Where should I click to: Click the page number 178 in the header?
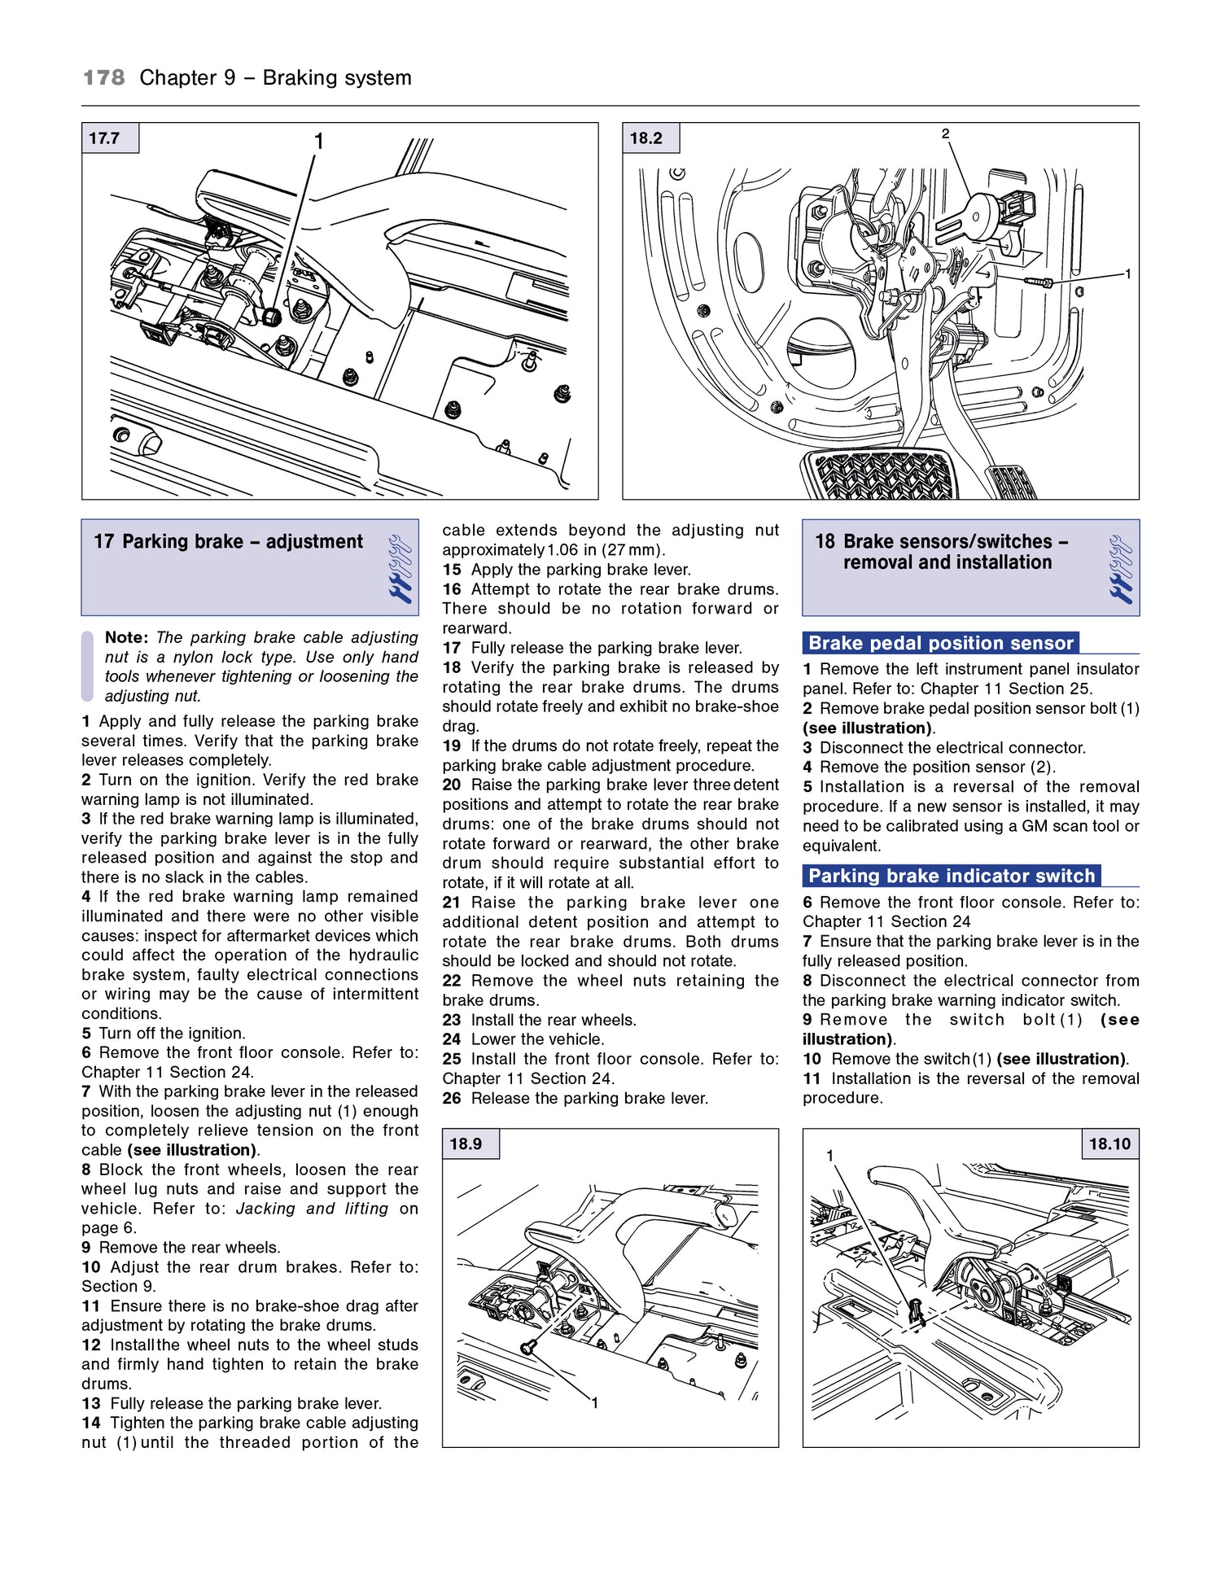point(104,78)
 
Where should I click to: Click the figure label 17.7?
point(105,138)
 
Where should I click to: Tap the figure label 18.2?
point(646,138)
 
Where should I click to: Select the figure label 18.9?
point(466,1144)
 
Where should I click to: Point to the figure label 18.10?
point(1109,1144)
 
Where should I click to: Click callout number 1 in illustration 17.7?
point(319,142)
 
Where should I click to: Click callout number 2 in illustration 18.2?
point(945,133)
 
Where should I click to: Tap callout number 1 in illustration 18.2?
point(1127,274)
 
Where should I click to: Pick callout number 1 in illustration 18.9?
point(595,1402)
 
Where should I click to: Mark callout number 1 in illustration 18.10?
point(829,1156)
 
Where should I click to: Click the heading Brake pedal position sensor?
point(940,643)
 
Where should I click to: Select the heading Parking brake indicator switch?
point(951,876)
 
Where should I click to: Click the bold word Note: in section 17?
point(126,637)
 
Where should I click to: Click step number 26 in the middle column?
point(452,1098)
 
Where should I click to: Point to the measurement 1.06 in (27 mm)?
point(605,549)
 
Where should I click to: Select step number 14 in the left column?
point(90,1423)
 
